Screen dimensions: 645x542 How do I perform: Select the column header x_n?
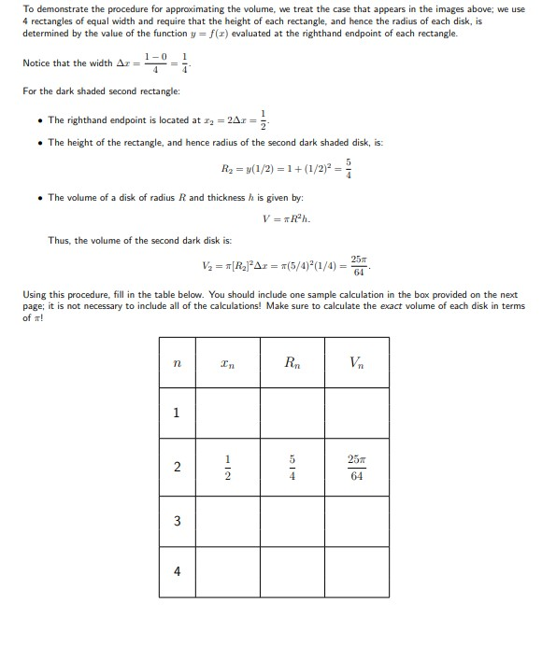[x=228, y=361]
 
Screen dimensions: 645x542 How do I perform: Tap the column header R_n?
[x=292, y=361]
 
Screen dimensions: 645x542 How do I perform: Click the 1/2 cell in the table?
[x=228, y=468]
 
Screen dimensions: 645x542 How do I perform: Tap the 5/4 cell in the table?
[x=292, y=468]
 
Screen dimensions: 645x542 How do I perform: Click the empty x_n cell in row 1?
[x=228, y=414]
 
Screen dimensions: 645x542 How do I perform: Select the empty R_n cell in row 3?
[x=292, y=521]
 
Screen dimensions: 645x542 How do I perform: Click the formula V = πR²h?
[x=287, y=219]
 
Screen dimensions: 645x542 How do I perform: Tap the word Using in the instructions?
[x=35, y=294]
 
